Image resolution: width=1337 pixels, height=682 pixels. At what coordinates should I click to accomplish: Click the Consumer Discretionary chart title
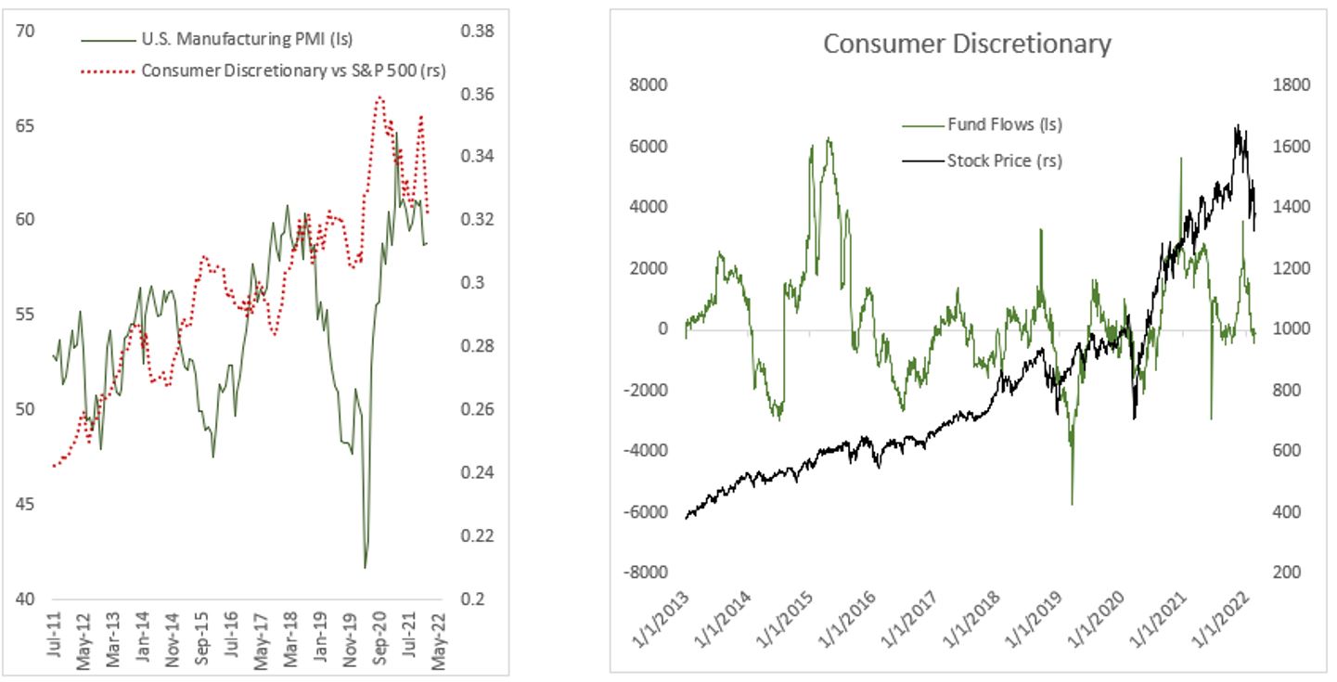pyautogui.click(x=967, y=44)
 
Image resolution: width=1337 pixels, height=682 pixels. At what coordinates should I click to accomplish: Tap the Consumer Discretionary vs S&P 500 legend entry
pyautogui.click(x=293, y=71)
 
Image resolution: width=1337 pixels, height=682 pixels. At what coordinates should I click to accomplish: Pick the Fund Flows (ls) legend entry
pyautogui.click(x=1004, y=123)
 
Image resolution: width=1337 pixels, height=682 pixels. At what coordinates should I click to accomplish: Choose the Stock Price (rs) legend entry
pyautogui.click(x=1004, y=161)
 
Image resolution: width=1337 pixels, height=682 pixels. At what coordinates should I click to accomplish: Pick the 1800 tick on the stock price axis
pyautogui.click(x=1286, y=84)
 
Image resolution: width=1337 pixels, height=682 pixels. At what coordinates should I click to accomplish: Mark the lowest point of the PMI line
pyautogui.click(x=365, y=567)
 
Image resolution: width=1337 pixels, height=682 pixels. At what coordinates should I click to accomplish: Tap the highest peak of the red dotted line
pyautogui.click(x=379, y=96)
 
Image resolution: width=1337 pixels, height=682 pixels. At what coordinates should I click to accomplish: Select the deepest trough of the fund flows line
pyautogui.click(x=1072, y=504)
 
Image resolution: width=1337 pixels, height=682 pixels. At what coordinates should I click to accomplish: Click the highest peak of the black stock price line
pyautogui.click(x=1237, y=125)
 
